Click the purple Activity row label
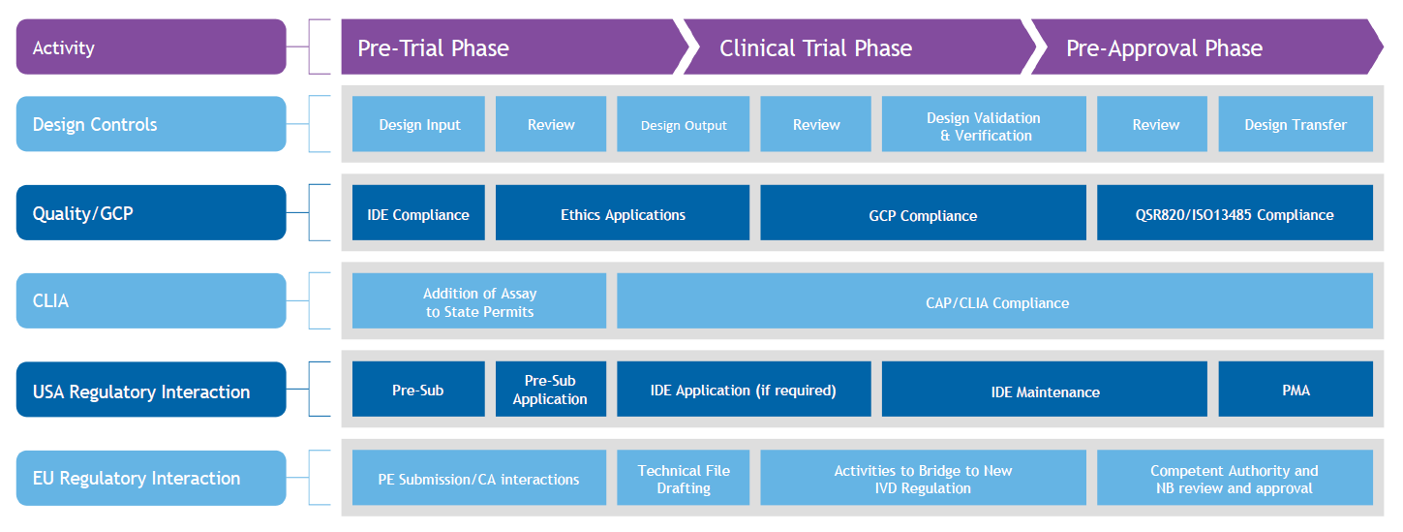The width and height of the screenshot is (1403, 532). coord(151,47)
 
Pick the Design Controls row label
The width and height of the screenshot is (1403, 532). coord(151,124)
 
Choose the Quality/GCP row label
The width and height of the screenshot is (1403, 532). coord(151,213)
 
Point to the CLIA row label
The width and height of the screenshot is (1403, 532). coord(151,301)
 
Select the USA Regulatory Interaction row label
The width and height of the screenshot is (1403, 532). coord(151,391)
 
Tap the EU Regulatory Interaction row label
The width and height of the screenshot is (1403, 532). coord(151,478)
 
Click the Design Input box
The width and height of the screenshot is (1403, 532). coord(418,124)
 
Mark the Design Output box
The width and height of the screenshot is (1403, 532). coord(683,124)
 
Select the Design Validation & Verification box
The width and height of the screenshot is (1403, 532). coord(984,125)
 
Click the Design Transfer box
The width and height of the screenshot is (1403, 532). coord(1295,124)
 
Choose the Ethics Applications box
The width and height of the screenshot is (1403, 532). coord(623,214)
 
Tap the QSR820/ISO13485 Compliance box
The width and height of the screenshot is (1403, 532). coord(1235,214)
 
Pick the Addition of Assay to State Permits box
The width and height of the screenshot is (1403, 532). coord(479,302)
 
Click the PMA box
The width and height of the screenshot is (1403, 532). coord(1295,391)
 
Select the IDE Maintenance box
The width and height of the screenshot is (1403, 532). coord(1045,391)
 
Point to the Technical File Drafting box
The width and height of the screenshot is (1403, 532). coord(683,479)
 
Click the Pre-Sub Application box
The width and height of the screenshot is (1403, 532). coord(550,391)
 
